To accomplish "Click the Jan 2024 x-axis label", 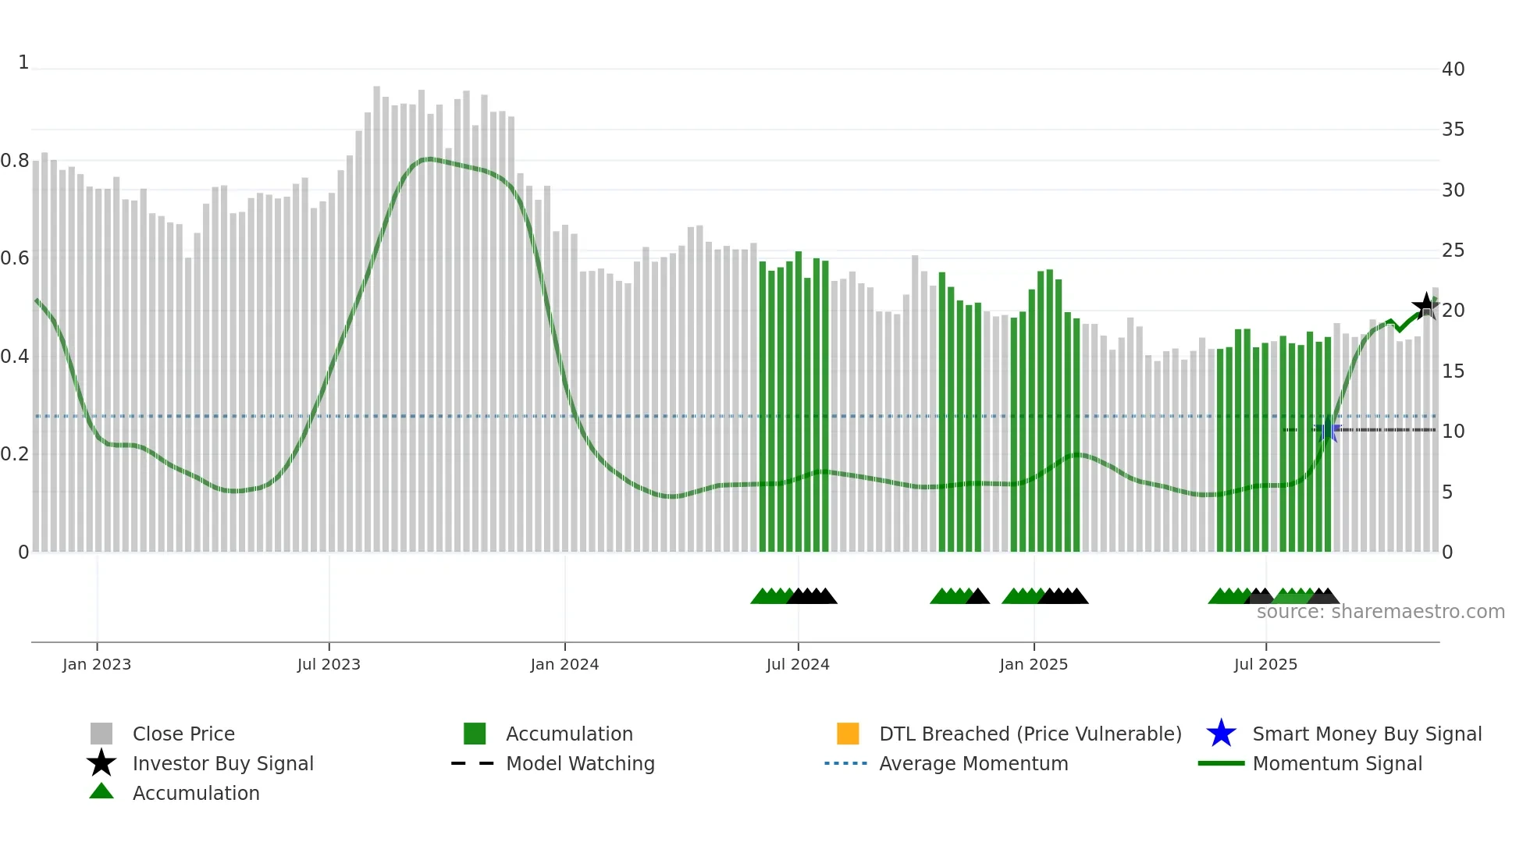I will (564, 664).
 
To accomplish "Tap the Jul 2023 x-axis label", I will (329, 664).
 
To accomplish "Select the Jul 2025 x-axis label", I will (1265, 664).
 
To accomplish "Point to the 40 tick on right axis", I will (1453, 69).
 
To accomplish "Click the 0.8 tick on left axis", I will (16, 161).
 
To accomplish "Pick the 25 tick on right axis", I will (1453, 251).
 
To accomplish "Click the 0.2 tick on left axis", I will (16, 454).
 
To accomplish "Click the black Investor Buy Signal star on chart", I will (1425, 306).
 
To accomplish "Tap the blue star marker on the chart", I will (1327, 430).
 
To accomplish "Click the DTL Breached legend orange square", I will (848, 734).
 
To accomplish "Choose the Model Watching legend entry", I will (580, 763).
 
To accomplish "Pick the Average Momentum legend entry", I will (973, 763).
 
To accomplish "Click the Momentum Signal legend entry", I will (1336, 763).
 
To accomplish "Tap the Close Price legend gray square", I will (101, 734).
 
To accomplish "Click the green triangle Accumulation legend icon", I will (101, 791).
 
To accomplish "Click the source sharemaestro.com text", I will (1380, 612).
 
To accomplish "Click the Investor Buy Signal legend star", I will (101, 763).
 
